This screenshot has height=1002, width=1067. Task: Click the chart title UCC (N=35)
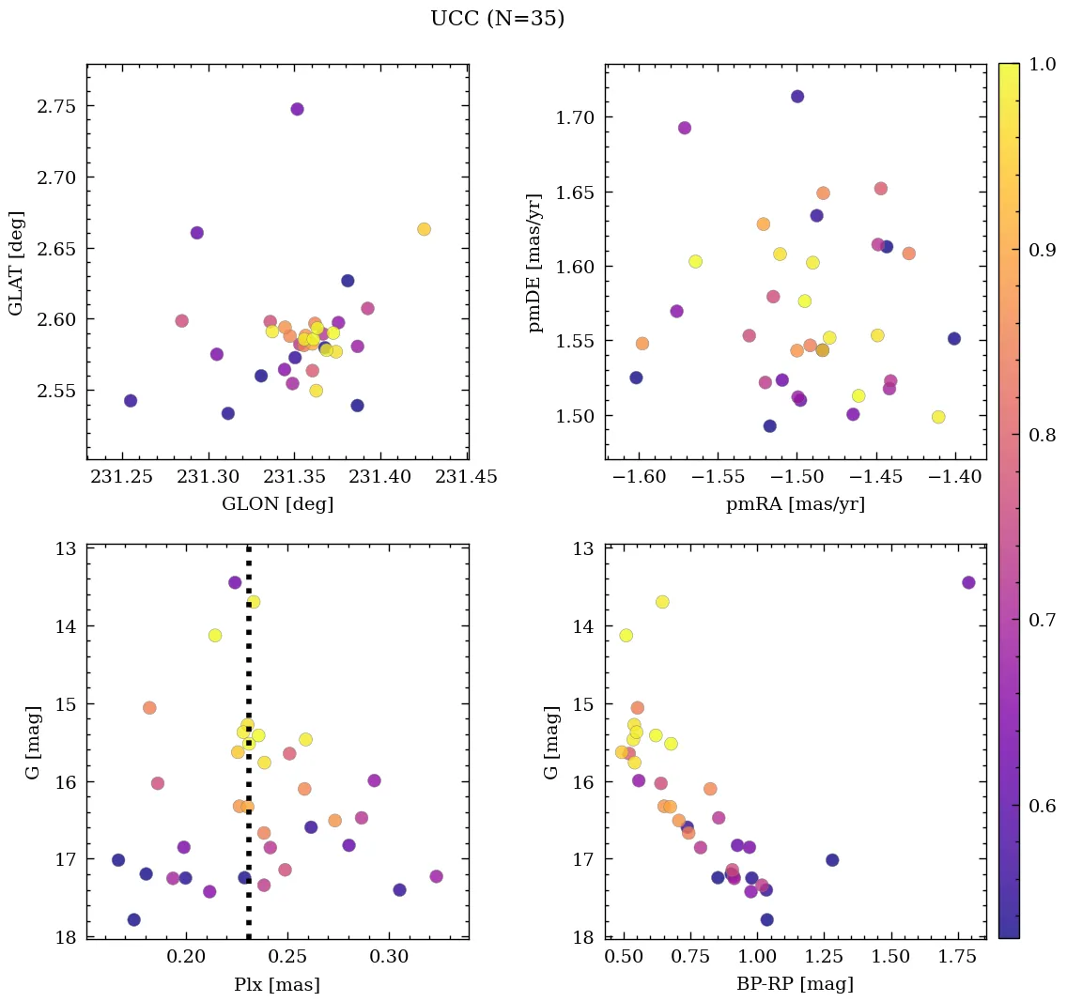click(497, 19)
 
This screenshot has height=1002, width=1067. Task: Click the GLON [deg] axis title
click(277, 504)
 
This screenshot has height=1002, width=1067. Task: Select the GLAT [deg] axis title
click(16, 263)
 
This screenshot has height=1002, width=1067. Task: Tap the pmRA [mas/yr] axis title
click(795, 504)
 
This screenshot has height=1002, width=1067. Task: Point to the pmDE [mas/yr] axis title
click(535, 263)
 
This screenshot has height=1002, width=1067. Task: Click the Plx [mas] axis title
click(277, 985)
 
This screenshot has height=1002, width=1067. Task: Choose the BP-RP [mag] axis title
click(795, 985)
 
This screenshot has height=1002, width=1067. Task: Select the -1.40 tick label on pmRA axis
click(953, 477)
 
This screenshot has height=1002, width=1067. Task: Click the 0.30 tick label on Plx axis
click(389, 958)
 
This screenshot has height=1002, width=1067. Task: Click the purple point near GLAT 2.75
click(297, 109)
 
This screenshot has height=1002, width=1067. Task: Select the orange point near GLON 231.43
click(424, 229)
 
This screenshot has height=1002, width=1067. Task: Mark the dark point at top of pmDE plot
click(797, 97)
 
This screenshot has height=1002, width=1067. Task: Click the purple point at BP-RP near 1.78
click(968, 582)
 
